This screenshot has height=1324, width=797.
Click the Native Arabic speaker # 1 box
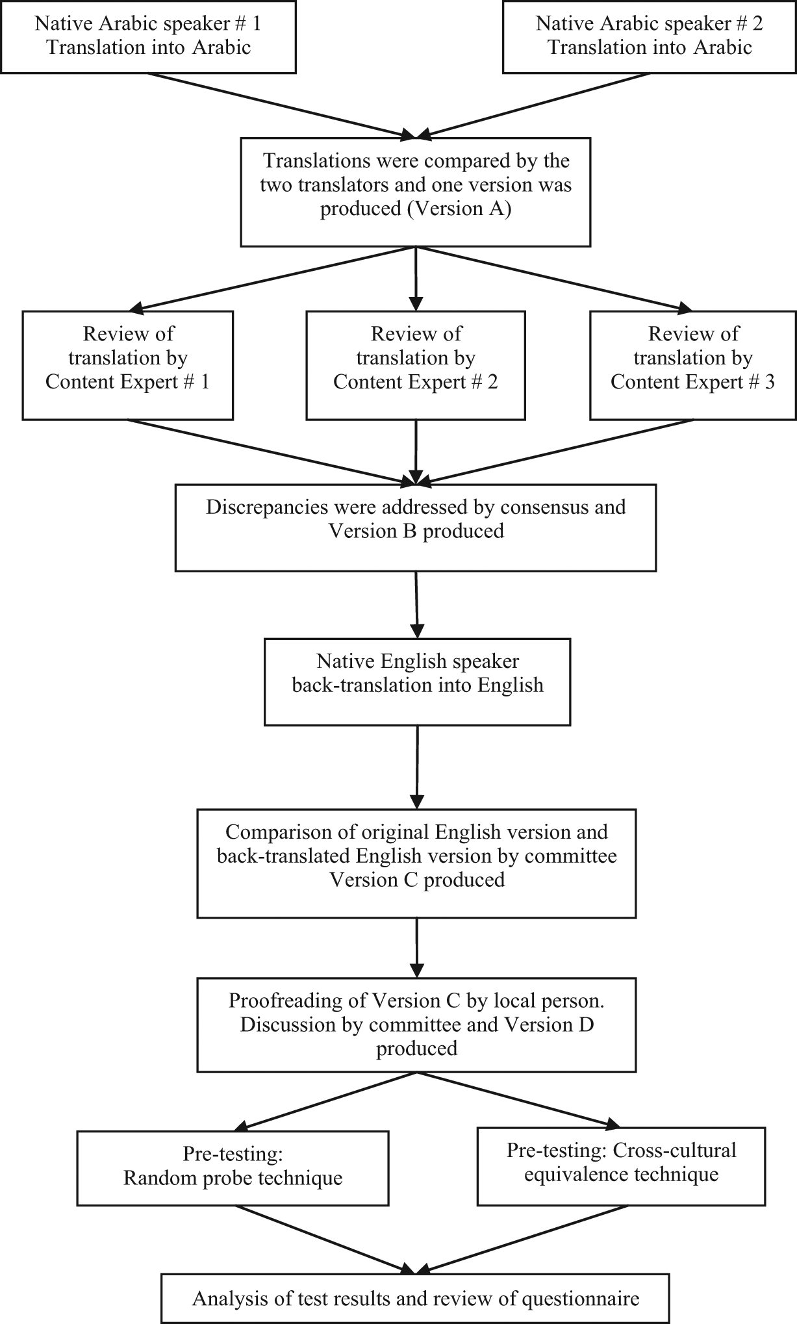pos(148,36)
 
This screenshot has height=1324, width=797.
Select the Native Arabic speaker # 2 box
pos(650,36)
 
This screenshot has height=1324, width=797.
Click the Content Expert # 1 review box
pos(128,365)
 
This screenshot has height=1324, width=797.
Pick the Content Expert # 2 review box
pos(416,365)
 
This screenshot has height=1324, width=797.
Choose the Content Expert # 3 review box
pos(693,365)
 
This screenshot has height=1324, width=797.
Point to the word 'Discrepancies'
pos(267,507)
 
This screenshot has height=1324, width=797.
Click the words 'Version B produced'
pos(416,531)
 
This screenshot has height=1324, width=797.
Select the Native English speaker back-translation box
pos(417,681)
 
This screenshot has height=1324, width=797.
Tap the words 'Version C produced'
pos(417,880)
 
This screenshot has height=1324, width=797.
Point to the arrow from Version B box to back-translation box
pos(416,605)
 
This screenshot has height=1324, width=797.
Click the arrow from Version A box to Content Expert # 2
pos(416,279)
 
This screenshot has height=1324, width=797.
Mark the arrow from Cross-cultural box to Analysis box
pos(522,1240)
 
